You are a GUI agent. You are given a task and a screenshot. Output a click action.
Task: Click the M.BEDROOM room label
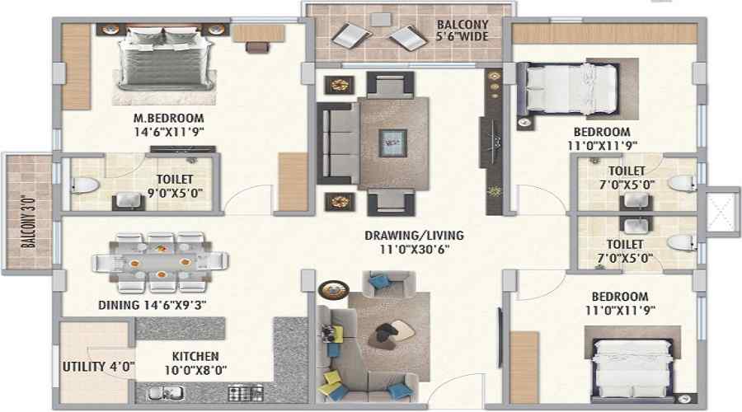[x=168, y=119]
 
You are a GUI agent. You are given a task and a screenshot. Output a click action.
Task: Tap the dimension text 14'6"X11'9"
[x=168, y=132]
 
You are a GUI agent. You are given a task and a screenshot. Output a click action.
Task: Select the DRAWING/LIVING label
[x=414, y=235]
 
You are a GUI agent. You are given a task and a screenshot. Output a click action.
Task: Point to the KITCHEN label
[x=195, y=356]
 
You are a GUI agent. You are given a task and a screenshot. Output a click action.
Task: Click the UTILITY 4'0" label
[x=98, y=367]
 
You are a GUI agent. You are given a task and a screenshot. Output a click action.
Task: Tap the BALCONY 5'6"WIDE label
[x=463, y=30]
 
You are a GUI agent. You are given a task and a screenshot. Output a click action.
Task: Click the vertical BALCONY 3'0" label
[x=29, y=222]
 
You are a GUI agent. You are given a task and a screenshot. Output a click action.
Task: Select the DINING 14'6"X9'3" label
[x=152, y=305]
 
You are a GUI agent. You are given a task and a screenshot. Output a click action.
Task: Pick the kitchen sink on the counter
[x=166, y=393]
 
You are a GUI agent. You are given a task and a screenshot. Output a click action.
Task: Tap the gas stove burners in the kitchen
[x=246, y=393]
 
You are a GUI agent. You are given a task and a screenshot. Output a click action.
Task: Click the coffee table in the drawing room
[x=392, y=143]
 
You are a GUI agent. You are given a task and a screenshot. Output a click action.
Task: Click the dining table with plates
[x=161, y=262]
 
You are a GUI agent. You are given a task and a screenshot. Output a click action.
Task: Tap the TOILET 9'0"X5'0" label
[x=175, y=186]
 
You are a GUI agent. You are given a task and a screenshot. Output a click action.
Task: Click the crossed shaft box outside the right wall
[x=722, y=210]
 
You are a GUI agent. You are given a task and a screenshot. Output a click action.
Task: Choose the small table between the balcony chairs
[x=380, y=20]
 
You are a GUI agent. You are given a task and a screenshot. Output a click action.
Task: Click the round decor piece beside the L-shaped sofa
[x=333, y=289]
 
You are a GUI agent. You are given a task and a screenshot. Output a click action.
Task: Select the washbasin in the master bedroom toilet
[x=129, y=202]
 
